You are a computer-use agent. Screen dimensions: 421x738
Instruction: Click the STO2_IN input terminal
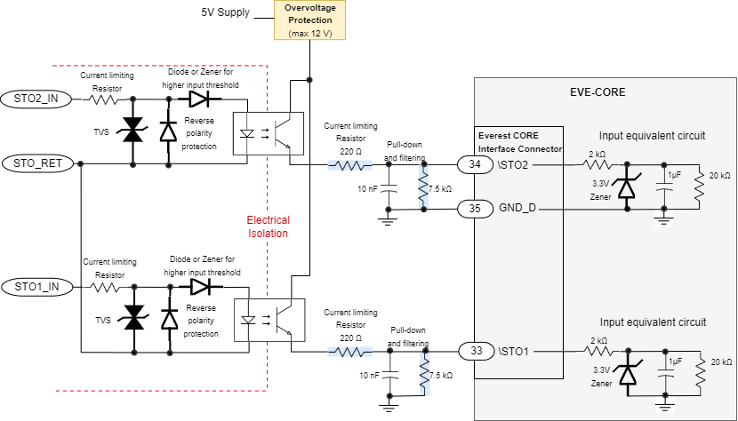pyautogui.click(x=35, y=98)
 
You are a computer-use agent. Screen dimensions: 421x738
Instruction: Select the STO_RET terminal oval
pyautogui.click(x=36, y=163)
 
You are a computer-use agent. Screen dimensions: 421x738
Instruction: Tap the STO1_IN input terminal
pyautogui.click(x=35, y=286)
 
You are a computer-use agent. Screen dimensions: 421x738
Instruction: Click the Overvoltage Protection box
pyautogui.click(x=309, y=20)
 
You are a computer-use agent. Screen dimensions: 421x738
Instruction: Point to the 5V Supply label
pyautogui.click(x=226, y=13)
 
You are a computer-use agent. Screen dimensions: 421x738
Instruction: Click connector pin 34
pyautogui.click(x=476, y=164)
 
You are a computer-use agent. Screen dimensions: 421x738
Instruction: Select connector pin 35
pyautogui.click(x=476, y=209)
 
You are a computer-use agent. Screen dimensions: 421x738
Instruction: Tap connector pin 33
pyautogui.click(x=476, y=352)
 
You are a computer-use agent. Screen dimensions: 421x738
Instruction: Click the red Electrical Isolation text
pyautogui.click(x=268, y=226)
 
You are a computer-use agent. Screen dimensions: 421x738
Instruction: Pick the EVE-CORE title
pyautogui.click(x=598, y=91)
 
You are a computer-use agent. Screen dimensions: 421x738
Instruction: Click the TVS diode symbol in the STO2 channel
pyautogui.click(x=133, y=131)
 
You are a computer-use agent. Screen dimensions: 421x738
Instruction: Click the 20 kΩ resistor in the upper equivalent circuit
pyautogui.click(x=699, y=187)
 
